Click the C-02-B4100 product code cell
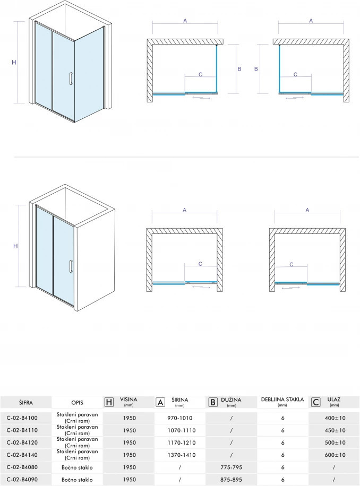point(22,418)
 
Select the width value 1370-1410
point(182,455)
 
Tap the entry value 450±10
point(335,430)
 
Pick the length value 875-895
point(231,480)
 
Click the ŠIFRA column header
point(25,403)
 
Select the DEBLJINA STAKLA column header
point(282,400)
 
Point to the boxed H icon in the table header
point(109,402)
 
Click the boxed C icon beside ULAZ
point(315,402)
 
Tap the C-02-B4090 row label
point(22,480)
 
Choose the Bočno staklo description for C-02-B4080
point(77,467)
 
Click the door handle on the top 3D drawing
point(71,78)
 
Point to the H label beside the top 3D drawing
point(14,62)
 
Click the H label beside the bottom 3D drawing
point(15,246)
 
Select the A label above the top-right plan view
point(311,21)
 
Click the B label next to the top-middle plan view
point(239,69)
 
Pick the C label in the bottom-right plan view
point(291,264)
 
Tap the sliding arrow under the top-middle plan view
point(202,98)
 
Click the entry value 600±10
point(335,455)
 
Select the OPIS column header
point(77,403)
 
